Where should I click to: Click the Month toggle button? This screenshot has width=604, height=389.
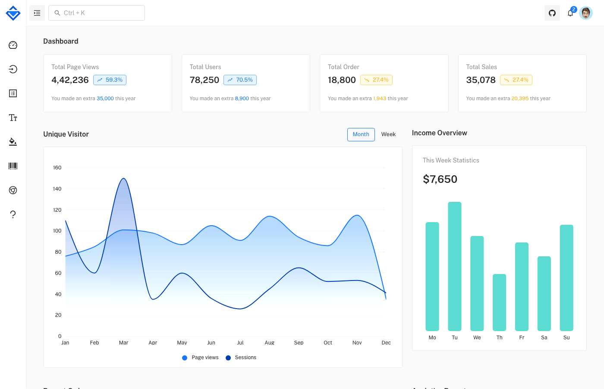point(361,134)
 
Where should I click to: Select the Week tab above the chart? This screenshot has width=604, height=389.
point(388,134)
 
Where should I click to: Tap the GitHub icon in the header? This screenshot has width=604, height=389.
point(552,13)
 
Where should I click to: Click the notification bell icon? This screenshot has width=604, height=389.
point(570,13)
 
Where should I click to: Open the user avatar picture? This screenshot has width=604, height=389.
point(586,13)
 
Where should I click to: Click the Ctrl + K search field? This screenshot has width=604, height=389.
point(97,13)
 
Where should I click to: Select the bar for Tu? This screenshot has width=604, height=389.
point(455,266)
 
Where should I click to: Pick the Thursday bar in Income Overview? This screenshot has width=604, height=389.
point(499,303)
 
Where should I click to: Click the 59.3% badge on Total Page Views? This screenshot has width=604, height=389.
point(110,80)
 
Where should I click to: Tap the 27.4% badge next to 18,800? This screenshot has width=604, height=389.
point(376,80)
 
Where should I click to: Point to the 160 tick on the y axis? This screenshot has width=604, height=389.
point(57,168)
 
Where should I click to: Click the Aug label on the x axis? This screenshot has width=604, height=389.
point(270,343)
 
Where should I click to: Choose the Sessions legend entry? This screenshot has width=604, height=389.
point(241,357)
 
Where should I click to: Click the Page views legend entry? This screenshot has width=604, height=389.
point(201,357)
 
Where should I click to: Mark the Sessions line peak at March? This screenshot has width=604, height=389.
point(124,179)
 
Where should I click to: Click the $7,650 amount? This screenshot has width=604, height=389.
point(440,179)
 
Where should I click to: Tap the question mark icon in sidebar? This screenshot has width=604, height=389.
point(13,214)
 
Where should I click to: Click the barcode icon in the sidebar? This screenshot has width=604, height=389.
point(13,166)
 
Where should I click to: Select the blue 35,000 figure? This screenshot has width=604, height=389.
point(105,99)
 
